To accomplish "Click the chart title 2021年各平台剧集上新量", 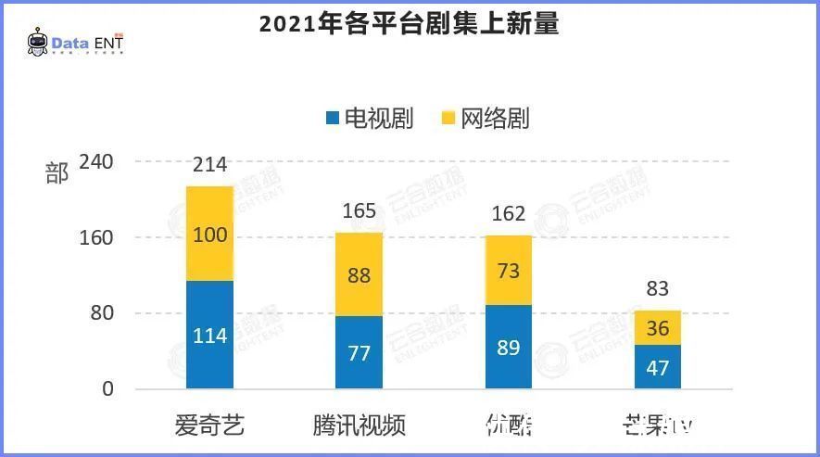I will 409,24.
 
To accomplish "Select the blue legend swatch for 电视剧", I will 332,119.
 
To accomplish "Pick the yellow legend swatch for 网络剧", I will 448,119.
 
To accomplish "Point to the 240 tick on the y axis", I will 96,162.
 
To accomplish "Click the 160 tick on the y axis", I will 96,238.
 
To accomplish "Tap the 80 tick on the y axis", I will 102,313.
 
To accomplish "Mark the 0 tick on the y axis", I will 107,389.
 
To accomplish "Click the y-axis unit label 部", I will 57,173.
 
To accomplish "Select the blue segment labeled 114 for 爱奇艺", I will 209,335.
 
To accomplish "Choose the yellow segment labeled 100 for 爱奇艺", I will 209,235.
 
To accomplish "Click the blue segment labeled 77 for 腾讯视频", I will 359,352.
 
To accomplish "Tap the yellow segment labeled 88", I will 359,274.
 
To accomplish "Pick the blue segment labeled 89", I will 508,347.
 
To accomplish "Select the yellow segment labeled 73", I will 508,271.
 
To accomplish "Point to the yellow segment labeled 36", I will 658,328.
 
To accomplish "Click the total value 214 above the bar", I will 210,166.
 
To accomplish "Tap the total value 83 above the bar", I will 658,289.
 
